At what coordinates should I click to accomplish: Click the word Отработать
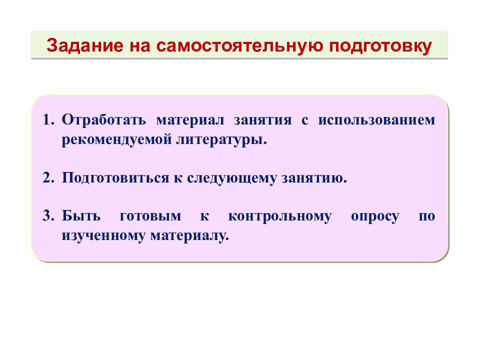point(104,120)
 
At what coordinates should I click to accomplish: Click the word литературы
point(220,139)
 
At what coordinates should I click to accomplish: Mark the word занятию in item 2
point(313,178)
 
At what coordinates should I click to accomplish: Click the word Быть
point(81,216)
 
